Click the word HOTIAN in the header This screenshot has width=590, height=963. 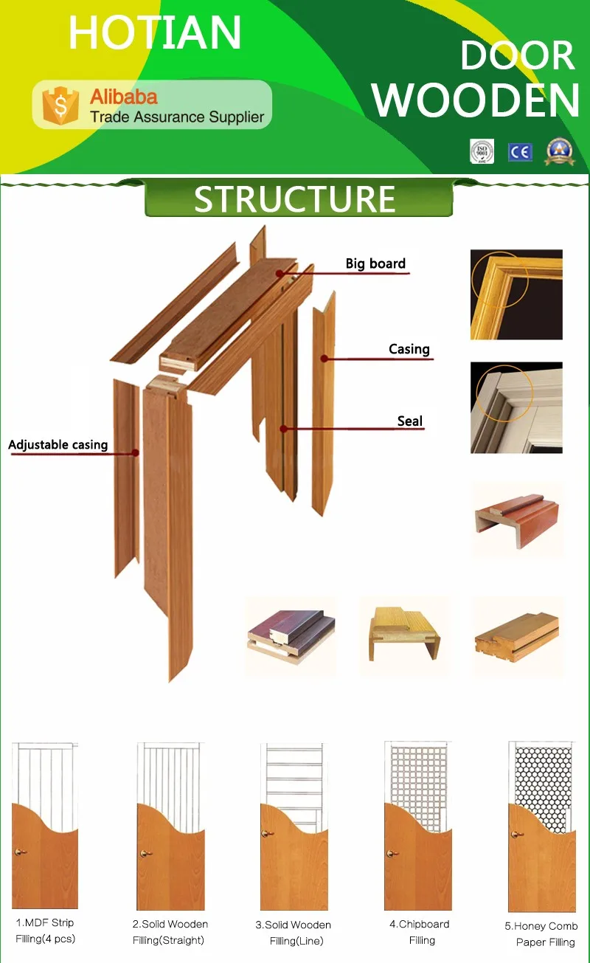point(155,32)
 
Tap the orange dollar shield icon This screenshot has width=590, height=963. point(60,106)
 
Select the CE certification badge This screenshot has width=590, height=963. point(521,152)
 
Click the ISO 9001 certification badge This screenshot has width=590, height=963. point(482,151)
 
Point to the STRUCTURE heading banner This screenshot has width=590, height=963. point(299,199)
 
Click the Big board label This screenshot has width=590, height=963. point(375,263)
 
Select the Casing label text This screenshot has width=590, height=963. point(409,349)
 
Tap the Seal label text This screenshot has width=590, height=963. point(410,421)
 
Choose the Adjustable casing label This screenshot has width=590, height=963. point(58,444)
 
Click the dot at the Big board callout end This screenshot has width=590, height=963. point(280,273)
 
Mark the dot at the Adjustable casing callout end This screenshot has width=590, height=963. point(136,452)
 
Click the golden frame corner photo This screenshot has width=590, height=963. point(516,294)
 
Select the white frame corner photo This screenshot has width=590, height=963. point(516,407)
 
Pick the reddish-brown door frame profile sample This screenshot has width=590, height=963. point(517,520)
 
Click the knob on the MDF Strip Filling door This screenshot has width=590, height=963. point(20,852)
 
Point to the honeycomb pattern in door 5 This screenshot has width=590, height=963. point(543,783)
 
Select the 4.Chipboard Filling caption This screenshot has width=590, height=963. point(420,932)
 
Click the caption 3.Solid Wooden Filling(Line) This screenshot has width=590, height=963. point(294,933)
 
